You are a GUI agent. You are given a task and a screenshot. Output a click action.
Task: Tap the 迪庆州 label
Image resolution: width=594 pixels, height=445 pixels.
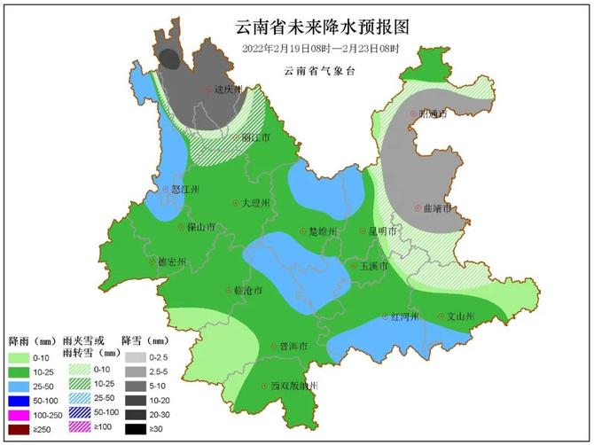click(229, 90)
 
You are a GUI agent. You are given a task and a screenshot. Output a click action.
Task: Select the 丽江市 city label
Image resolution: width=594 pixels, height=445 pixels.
click(255, 138)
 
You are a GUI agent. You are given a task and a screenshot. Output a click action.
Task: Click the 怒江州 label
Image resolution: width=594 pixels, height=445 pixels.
click(185, 190)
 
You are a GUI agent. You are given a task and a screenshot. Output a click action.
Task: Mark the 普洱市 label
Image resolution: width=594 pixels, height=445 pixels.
click(293, 346)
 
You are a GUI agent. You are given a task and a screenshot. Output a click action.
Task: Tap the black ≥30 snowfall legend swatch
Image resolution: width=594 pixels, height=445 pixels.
click(135, 429)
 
